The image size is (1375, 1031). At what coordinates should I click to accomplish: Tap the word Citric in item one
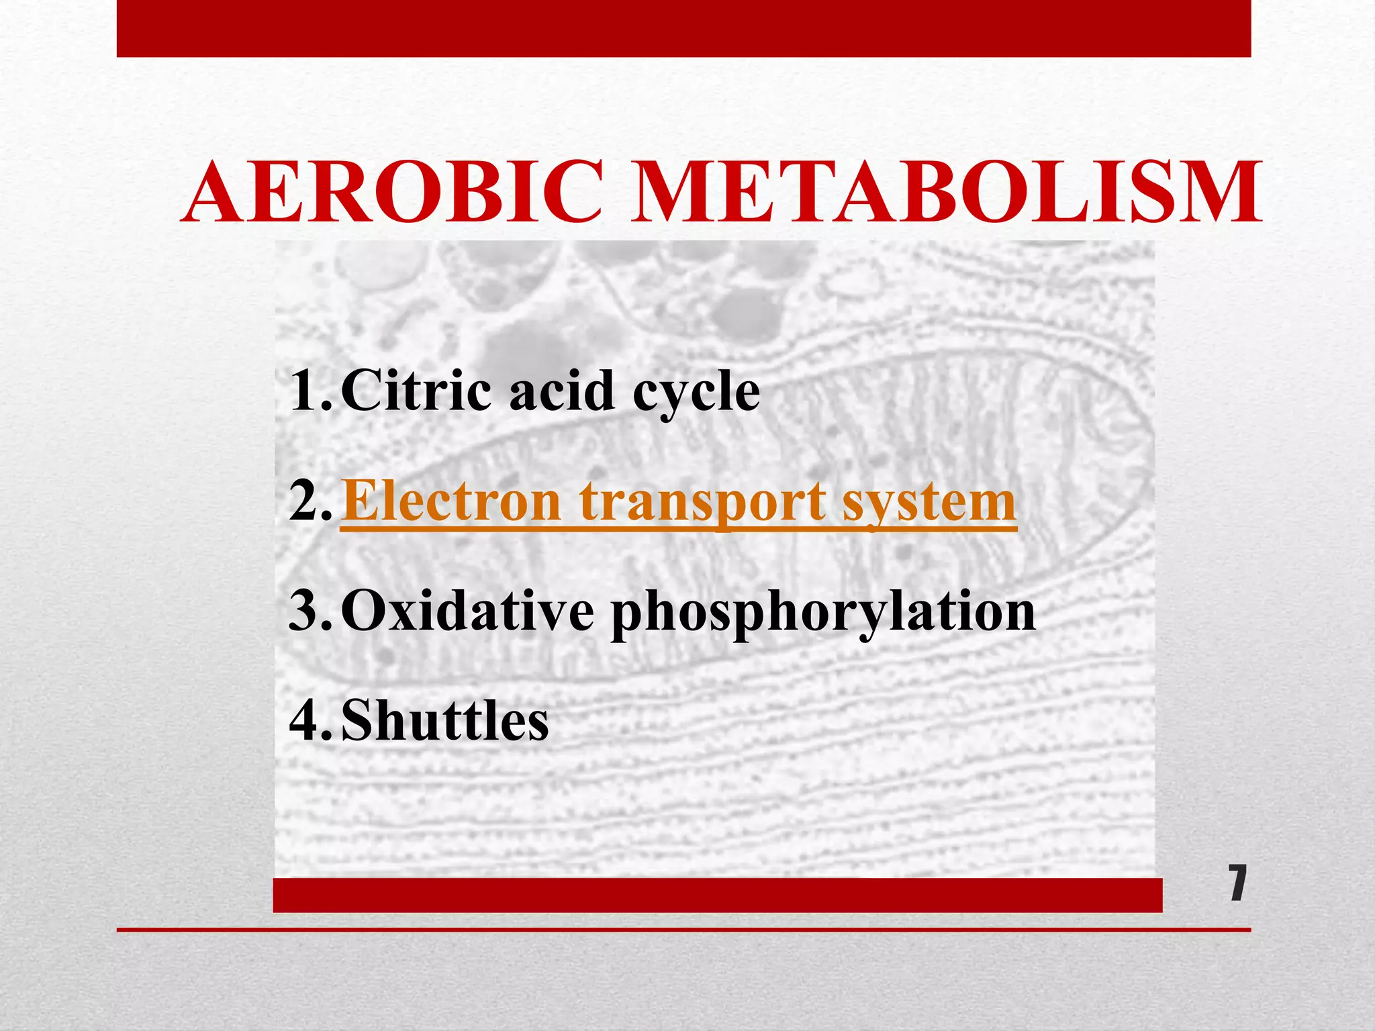click(418, 391)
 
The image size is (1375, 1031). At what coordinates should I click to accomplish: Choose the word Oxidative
click(467, 611)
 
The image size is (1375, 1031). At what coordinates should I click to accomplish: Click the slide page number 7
click(1237, 883)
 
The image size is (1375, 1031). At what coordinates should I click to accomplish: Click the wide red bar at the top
click(683, 28)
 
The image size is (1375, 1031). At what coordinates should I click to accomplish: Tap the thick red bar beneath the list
click(717, 895)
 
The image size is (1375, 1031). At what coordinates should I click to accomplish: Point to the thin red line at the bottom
click(683, 930)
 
